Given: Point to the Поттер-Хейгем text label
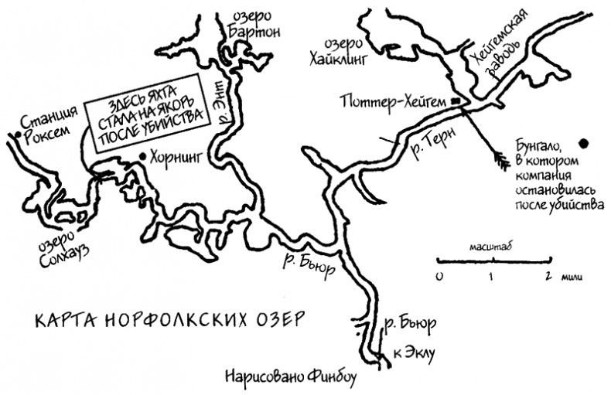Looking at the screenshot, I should (398, 101).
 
